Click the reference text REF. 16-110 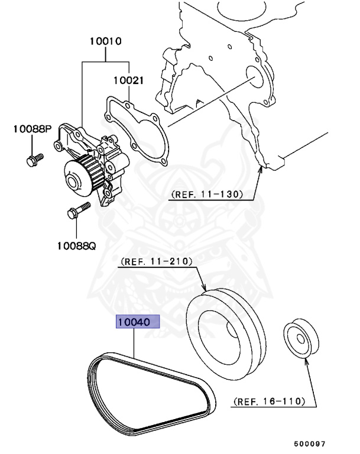pos(269,402)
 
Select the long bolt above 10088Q pos(79,212)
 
